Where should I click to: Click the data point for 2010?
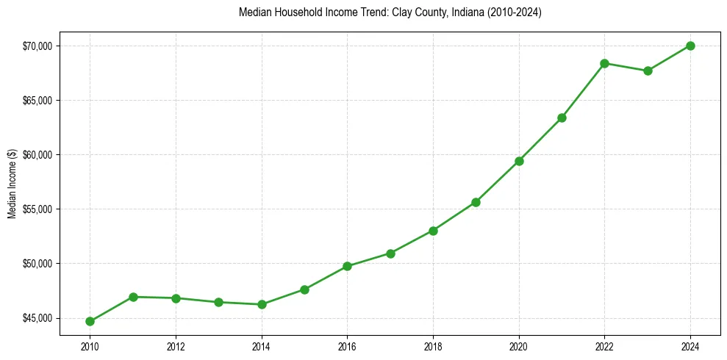(x=90, y=321)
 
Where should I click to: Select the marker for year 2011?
(x=133, y=297)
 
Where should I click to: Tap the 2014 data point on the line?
(x=262, y=304)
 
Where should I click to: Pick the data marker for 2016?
(x=348, y=266)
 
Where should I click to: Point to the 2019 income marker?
(x=476, y=202)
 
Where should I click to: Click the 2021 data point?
(x=562, y=118)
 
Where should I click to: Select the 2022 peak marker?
(x=605, y=63)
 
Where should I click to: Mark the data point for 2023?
(x=648, y=71)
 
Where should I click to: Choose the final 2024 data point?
(x=691, y=46)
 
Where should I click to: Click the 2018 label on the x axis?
(x=433, y=346)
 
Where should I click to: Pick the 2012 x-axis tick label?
(x=176, y=346)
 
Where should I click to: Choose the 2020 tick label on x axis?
(x=519, y=346)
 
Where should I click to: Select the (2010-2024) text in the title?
(x=512, y=12)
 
